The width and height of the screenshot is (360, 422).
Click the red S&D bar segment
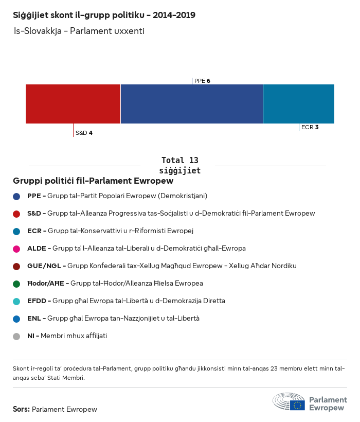point(73,104)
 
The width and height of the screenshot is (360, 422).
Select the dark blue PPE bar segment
point(191,104)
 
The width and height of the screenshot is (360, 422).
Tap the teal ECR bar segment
point(298,104)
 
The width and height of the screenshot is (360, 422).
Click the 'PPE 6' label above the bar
point(202,81)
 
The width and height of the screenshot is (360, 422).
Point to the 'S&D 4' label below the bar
point(84,133)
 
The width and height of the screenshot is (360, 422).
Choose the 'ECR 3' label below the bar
point(310,127)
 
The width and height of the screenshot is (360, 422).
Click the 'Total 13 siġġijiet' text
point(179,165)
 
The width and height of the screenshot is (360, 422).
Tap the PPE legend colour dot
point(16,196)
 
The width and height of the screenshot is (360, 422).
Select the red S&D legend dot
point(16,214)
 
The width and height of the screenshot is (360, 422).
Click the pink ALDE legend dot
point(16,249)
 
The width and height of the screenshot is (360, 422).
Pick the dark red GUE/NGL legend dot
point(16,266)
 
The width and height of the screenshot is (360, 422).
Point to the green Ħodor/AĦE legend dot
point(16,284)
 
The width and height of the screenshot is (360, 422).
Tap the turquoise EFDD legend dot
point(16,301)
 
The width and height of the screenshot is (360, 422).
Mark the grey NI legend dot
point(16,336)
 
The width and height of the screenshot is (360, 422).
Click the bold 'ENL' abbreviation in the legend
point(34,319)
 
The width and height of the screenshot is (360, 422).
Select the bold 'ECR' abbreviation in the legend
point(34,231)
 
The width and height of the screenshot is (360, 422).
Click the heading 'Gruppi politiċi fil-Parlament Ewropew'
point(93,181)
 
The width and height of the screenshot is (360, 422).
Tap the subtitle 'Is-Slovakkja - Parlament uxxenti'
point(79,31)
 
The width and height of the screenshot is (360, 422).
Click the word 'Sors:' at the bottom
point(21,410)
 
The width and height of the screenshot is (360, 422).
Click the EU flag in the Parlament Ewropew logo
point(297,405)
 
